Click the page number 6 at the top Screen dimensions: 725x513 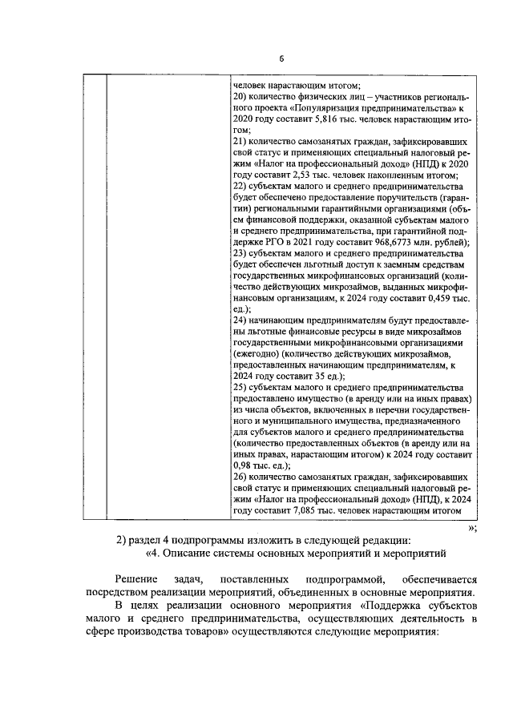pyautogui.click(x=281, y=58)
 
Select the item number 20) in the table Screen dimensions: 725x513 pyautogui.click(x=239, y=97)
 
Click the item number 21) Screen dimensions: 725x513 pyautogui.click(x=239, y=141)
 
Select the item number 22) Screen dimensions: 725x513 pyautogui.click(x=239, y=186)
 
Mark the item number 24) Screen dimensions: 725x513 pyautogui.click(x=239, y=320)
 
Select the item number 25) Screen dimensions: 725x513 pyautogui.click(x=239, y=387)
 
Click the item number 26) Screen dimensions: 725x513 pyautogui.click(x=239, y=477)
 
